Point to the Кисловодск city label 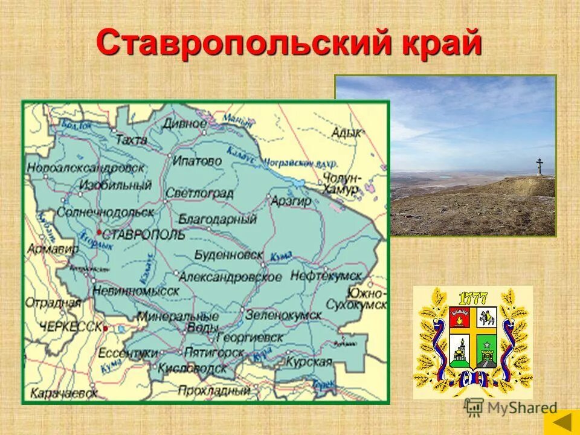tap(192, 367)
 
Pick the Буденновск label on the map tap(229, 255)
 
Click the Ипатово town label tap(197, 161)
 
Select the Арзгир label tap(291, 200)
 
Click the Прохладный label tap(214, 390)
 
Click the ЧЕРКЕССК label tap(70, 326)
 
